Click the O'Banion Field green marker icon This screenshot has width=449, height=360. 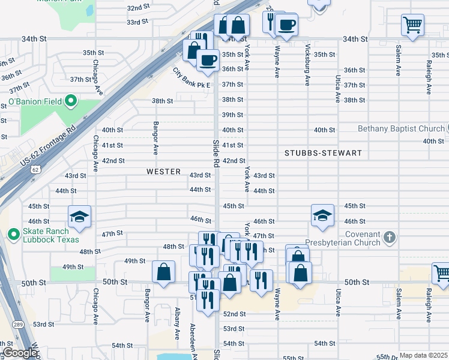pos(71,101)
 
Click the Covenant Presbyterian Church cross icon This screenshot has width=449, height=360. pos(390,237)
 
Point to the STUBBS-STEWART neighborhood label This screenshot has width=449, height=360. pos(323,153)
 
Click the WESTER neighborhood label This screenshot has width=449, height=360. pos(163,172)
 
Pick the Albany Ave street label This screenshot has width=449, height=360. pos(177,324)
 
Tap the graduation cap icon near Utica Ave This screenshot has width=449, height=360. pos(322,215)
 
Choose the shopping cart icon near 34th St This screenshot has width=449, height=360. pos(412,25)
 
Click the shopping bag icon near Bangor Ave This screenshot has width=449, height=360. pos(163,272)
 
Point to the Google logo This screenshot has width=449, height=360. pos(20,352)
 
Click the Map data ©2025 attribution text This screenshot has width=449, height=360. pos(423,355)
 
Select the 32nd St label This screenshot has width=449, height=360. pos(137,7)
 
